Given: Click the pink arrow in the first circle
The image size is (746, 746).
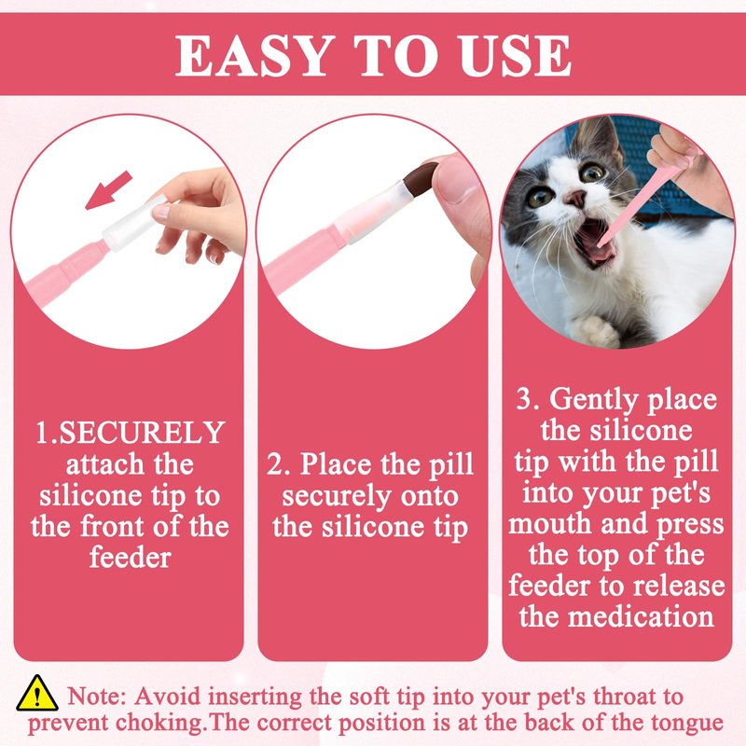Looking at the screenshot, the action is [108, 190].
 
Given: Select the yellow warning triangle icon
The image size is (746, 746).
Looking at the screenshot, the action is [37, 693].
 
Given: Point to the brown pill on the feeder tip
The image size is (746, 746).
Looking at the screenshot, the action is [421, 180].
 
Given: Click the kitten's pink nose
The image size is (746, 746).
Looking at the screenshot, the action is [576, 198].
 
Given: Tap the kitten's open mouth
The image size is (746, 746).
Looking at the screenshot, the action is [592, 242].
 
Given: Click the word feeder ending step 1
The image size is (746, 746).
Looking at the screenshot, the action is [131, 557].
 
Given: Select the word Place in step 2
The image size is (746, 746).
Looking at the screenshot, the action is [336, 463].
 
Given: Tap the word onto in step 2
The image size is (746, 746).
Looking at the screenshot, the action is [429, 496].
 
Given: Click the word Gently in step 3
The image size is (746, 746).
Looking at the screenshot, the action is [593, 400].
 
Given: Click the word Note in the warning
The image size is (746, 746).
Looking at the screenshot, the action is [97, 697].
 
